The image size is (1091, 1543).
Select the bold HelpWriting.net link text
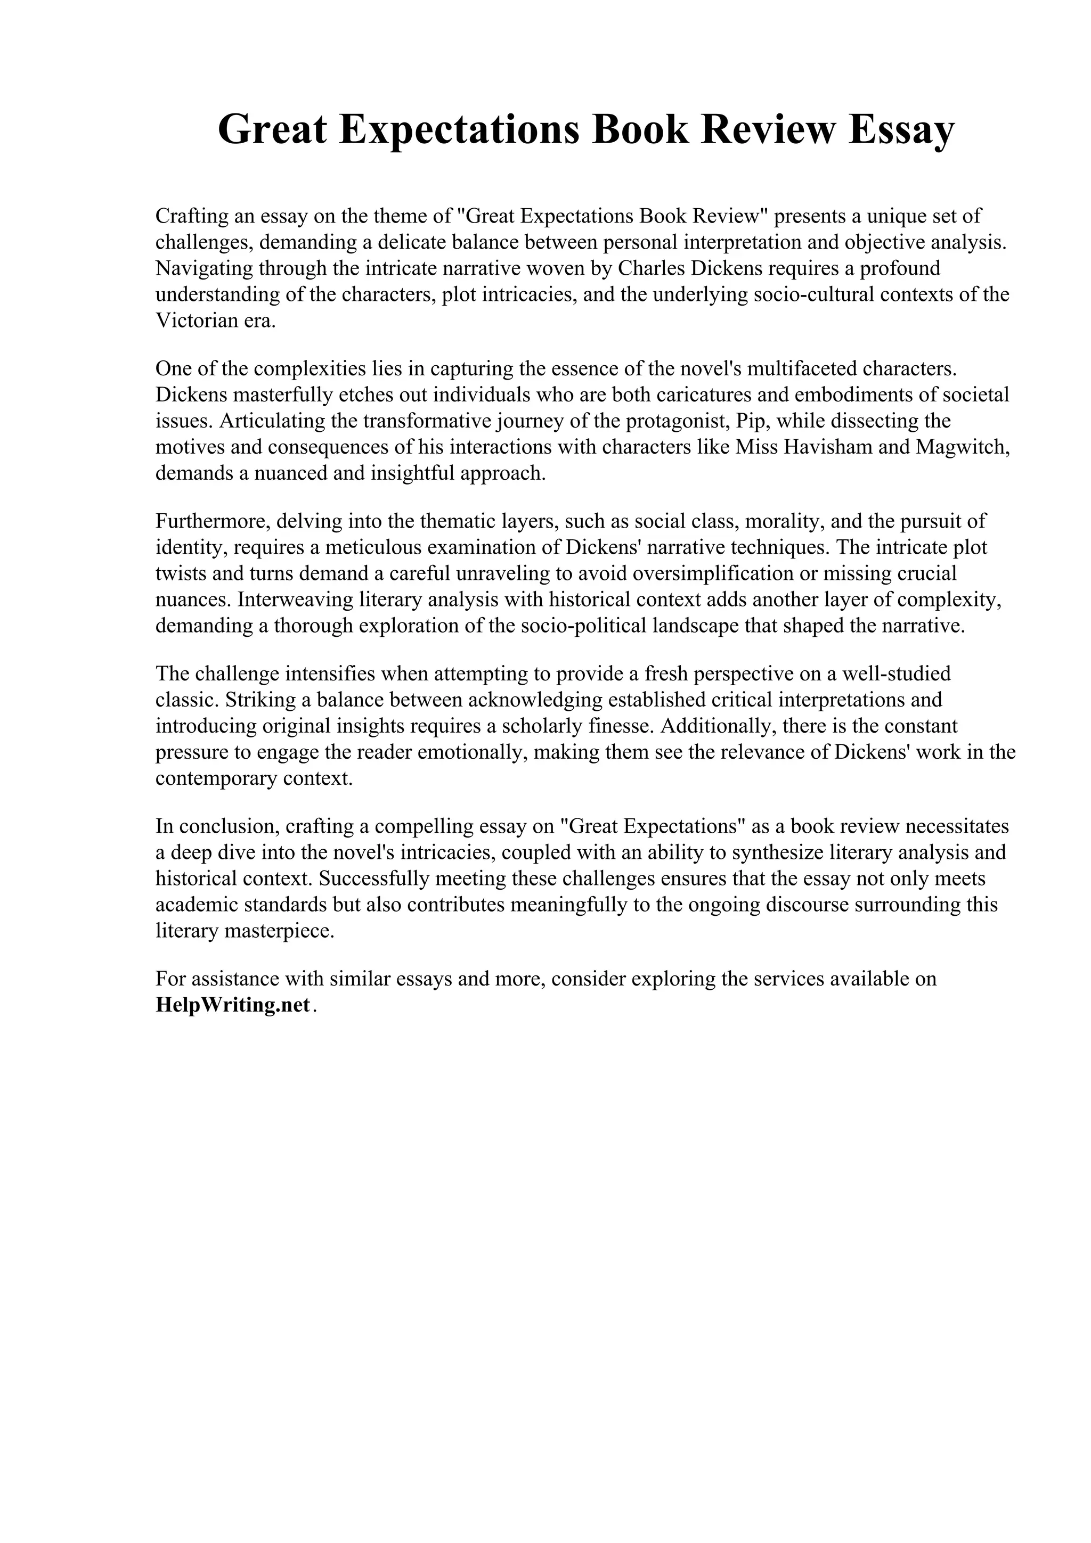pos(233,1005)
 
